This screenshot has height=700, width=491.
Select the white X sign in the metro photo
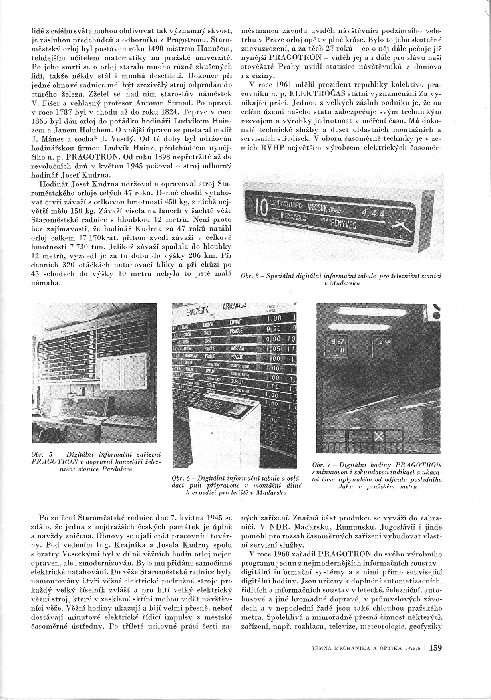[x=379, y=437]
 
